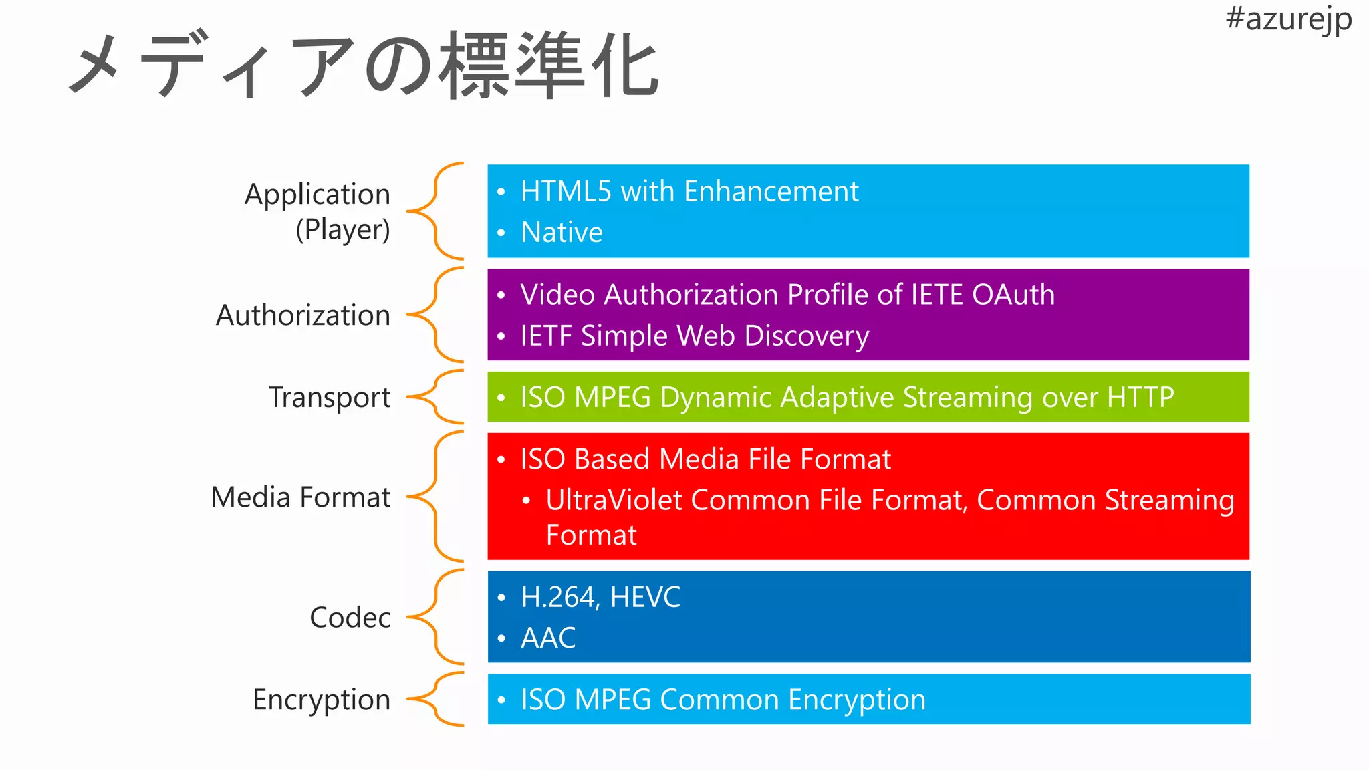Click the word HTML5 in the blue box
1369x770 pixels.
click(566, 192)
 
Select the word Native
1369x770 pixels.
click(562, 233)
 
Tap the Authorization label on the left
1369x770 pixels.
click(303, 315)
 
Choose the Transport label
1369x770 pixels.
click(330, 398)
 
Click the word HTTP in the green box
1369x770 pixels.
click(1140, 398)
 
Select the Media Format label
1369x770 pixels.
click(300, 497)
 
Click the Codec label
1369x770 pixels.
click(350, 618)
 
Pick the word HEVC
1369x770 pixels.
click(645, 598)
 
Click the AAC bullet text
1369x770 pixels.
click(548, 638)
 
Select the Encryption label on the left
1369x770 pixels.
click(322, 700)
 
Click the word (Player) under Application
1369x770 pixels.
click(343, 230)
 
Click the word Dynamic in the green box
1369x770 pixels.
click(716, 398)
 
